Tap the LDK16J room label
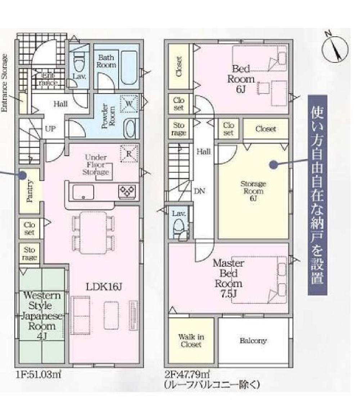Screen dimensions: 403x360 pyautogui.click(x=104, y=286)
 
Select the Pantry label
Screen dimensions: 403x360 pyautogui.click(x=30, y=191)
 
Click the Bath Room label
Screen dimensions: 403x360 pyautogui.click(x=107, y=61)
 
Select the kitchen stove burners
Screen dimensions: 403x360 pyautogui.click(x=127, y=191)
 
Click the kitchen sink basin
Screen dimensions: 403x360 pyautogui.click(x=83, y=192)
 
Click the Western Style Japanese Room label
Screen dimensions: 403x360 pyautogui.click(x=42, y=316)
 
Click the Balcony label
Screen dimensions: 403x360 pyautogui.click(x=253, y=340)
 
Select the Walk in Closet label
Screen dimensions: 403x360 pyautogui.click(x=191, y=340)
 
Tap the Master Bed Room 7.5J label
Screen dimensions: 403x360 pyautogui.click(x=228, y=278)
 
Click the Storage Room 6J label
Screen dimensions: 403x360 pyautogui.click(x=253, y=191)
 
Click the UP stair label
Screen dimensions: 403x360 pyautogui.click(x=50, y=128)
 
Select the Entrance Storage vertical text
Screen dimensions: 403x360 pyautogui.click(x=5, y=83)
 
